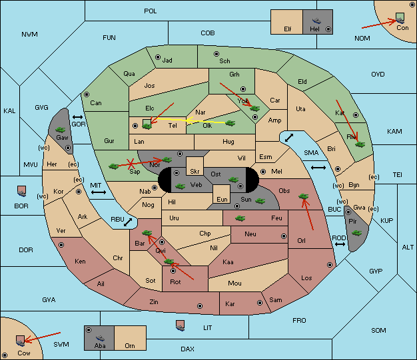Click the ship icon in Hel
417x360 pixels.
click(x=316, y=21)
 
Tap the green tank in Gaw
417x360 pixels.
click(x=61, y=130)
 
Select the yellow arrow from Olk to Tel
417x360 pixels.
click(x=205, y=121)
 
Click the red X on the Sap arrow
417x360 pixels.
click(x=131, y=164)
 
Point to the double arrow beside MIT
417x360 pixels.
click(x=99, y=192)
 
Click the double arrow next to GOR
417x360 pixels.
click(x=77, y=117)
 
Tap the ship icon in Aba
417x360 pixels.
click(x=100, y=338)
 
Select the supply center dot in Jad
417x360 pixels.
click(x=158, y=57)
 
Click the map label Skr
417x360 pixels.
click(x=195, y=172)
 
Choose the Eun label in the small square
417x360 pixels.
click(x=222, y=199)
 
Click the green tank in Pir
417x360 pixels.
click(x=356, y=233)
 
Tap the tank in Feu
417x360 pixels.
click(x=240, y=218)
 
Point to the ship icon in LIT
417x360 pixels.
click(x=181, y=325)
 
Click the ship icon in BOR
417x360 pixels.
click(x=21, y=191)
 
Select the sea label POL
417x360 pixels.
click(x=151, y=11)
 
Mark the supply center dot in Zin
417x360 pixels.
click(x=200, y=306)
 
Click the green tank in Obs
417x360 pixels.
click(x=304, y=196)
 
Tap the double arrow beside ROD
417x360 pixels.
click(x=340, y=244)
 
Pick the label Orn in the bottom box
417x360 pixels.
click(x=130, y=345)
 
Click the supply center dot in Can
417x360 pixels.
click(x=87, y=94)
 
